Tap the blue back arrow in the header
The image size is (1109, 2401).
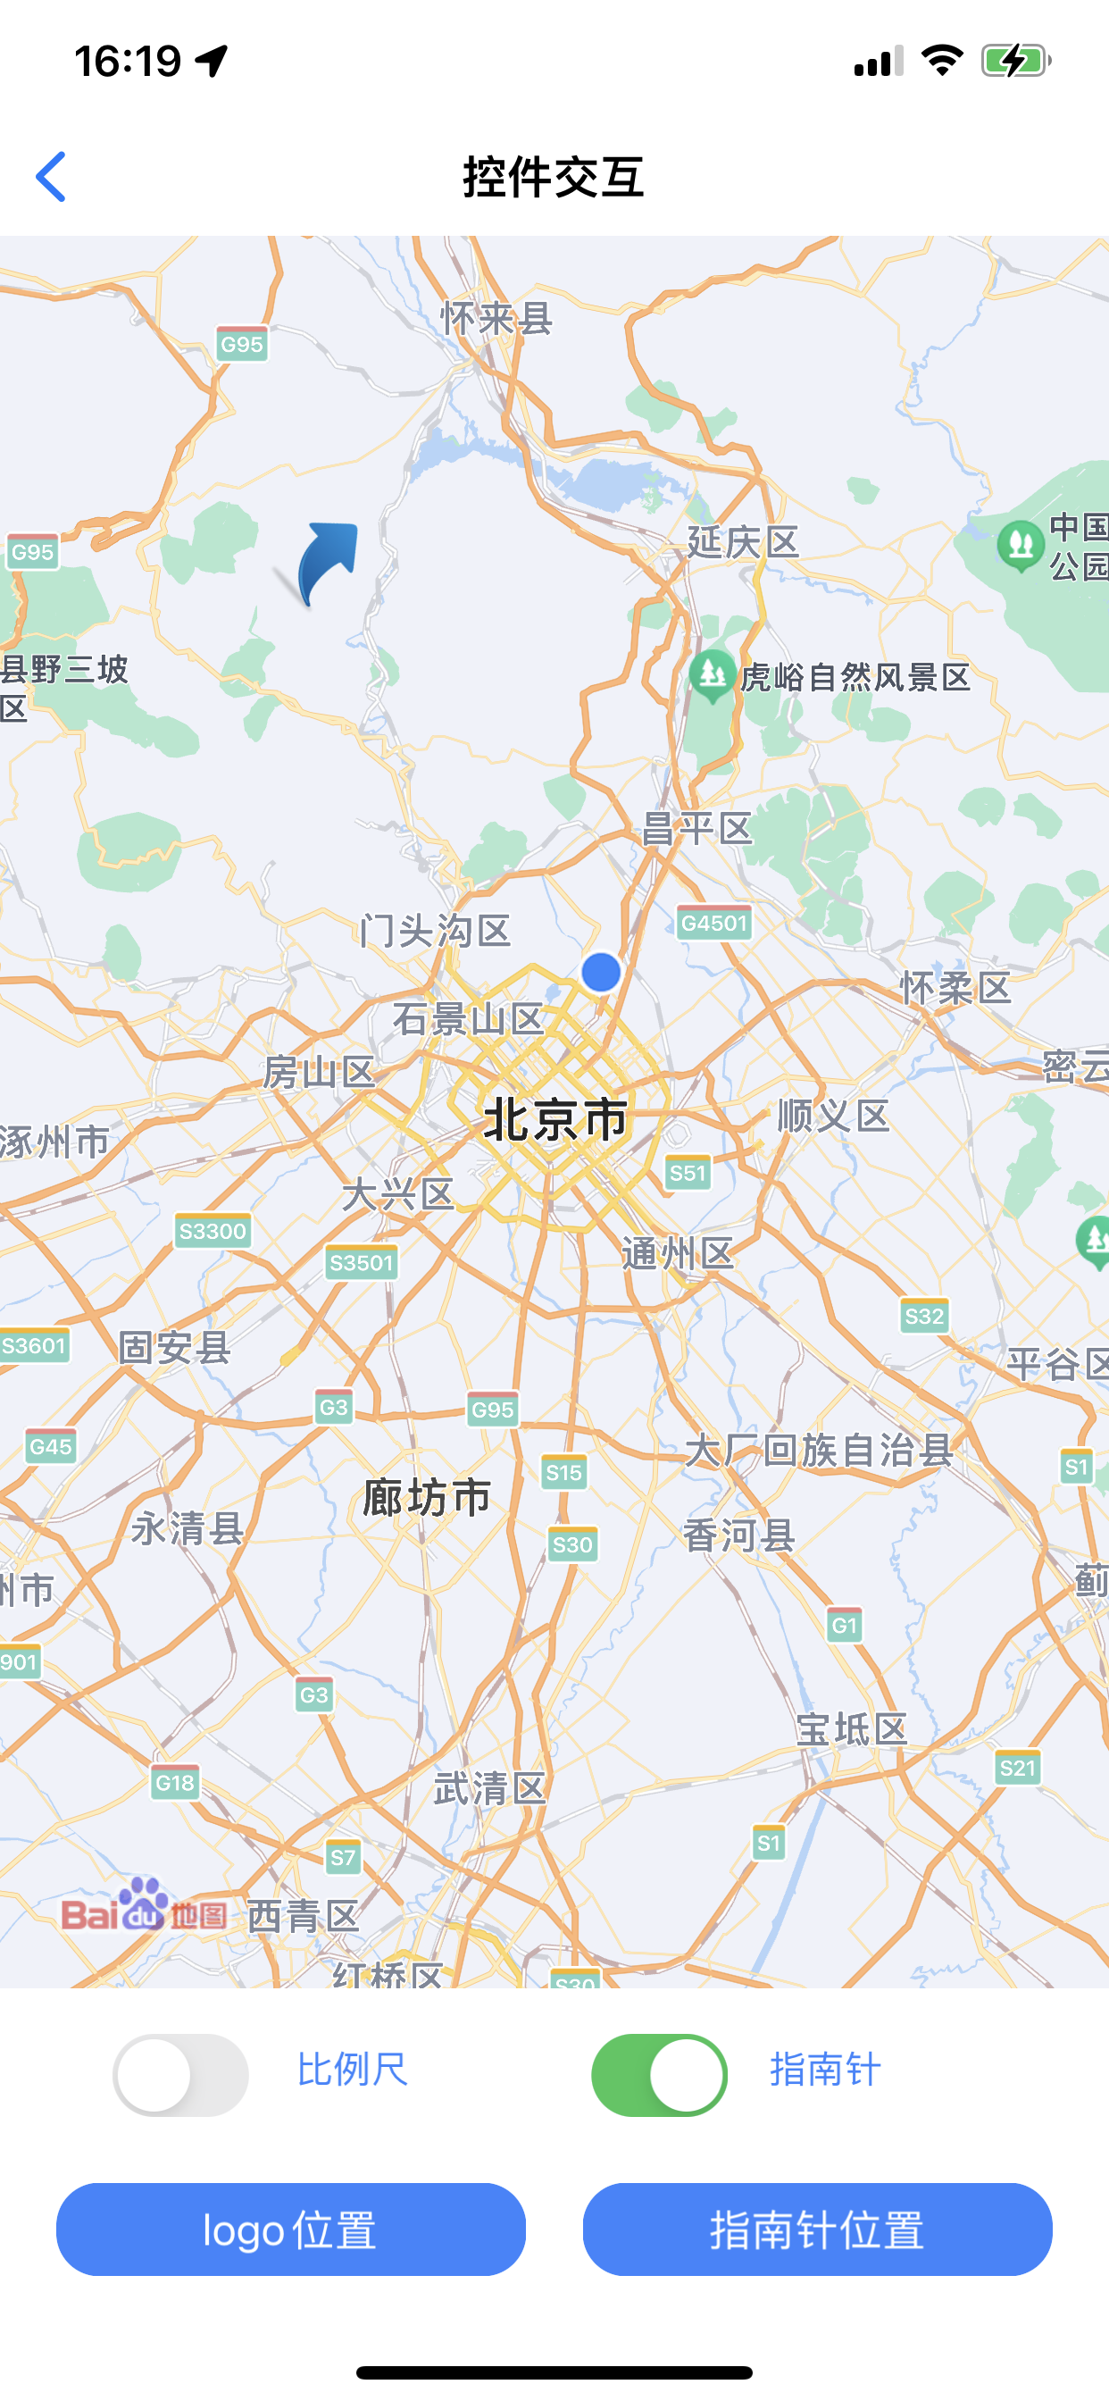[51, 177]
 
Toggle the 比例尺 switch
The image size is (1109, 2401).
[180, 2075]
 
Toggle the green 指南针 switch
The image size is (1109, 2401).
[659, 2075]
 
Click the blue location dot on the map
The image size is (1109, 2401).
[601, 972]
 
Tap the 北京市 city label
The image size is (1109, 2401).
[555, 1119]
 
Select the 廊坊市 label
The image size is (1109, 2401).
[427, 1498]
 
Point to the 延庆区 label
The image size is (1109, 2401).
[743, 541]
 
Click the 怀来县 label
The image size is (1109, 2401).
[496, 319]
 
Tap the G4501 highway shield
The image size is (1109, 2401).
[713, 923]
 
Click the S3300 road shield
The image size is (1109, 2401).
[213, 1231]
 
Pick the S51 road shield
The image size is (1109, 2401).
[688, 1173]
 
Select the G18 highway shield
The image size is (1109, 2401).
[175, 1783]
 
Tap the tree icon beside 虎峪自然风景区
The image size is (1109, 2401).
[712, 673]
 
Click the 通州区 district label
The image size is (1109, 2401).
[678, 1253]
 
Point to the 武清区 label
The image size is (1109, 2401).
[489, 1788]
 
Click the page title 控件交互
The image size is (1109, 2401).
[554, 177]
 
